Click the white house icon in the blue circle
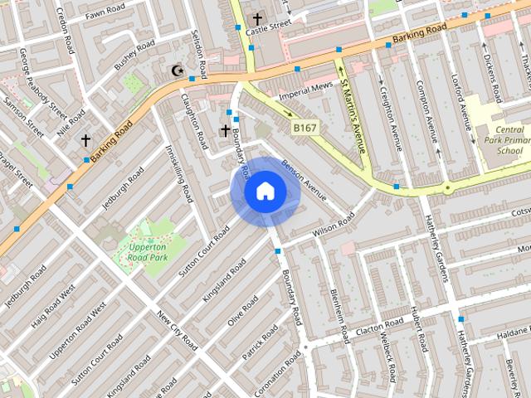265,192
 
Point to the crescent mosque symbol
176,71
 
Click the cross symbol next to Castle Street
257,18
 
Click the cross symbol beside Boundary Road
225,130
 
